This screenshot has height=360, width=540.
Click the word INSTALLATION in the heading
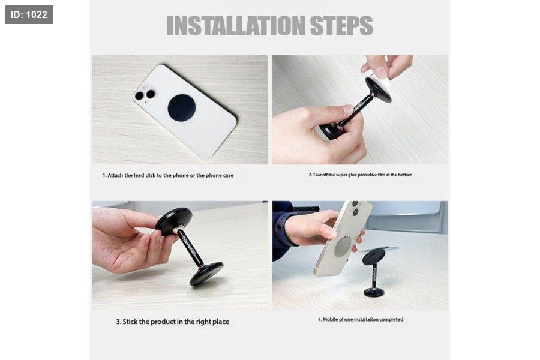pos(236,25)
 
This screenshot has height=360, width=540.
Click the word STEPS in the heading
pos(341,25)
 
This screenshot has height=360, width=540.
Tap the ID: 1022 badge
pos(29,14)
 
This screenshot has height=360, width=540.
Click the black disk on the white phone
pos(182,107)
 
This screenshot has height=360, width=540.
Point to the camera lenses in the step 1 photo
pos(145,95)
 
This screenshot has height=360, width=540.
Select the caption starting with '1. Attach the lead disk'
pos(168,175)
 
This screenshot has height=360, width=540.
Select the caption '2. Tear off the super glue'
pos(360,175)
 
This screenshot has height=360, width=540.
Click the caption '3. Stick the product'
pos(173,322)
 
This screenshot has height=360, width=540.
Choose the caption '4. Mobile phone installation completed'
pos(360,319)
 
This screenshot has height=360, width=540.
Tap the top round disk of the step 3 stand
pos(174,221)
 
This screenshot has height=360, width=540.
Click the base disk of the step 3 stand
pos(206,274)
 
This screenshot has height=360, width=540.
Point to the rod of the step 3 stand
pos(190,247)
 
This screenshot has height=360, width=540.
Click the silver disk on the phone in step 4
pos(343,246)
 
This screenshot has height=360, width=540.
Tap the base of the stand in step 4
pos(374,292)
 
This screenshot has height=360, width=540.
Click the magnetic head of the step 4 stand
pos(374,257)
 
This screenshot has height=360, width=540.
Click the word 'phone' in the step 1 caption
pos(181,175)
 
